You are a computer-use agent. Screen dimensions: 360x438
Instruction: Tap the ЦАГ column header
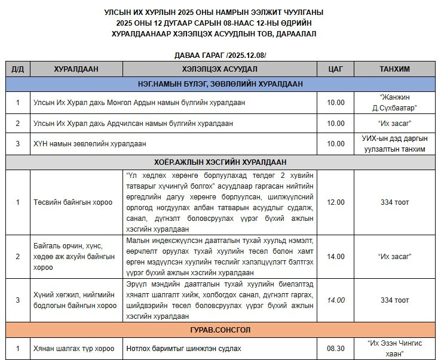[x=336, y=69]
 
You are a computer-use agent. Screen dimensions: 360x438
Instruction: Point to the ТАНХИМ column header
[x=394, y=69]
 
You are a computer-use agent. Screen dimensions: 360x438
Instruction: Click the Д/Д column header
[x=17, y=69]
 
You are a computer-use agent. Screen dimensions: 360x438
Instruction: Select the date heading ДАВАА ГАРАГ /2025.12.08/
[x=220, y=55]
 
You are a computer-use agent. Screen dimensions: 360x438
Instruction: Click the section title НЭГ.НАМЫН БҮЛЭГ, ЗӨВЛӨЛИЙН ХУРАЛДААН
[x=220, y=84]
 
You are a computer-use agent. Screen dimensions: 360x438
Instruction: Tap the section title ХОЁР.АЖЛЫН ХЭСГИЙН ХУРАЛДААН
[x=220, y=162]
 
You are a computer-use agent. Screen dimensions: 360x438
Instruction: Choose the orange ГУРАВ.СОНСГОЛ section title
[x=220, y=330]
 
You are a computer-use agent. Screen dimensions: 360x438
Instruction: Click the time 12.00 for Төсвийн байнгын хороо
[x=336, y=202]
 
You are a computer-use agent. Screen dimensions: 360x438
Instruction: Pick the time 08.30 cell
[x=336, y=347]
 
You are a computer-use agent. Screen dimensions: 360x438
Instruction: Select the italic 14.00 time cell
[x=336, y=300]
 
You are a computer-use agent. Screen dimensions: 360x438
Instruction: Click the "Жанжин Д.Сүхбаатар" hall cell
[x=394, y=102]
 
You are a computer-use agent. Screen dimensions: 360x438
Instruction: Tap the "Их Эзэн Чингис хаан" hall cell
[x=394, y=347]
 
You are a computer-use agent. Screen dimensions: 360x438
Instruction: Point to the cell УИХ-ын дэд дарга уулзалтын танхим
[x=394, y=144]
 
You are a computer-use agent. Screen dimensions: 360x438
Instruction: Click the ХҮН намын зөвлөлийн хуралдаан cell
[x=90, y=144]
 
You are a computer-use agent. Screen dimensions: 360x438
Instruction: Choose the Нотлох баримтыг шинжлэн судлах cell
[x=184, y=347]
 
